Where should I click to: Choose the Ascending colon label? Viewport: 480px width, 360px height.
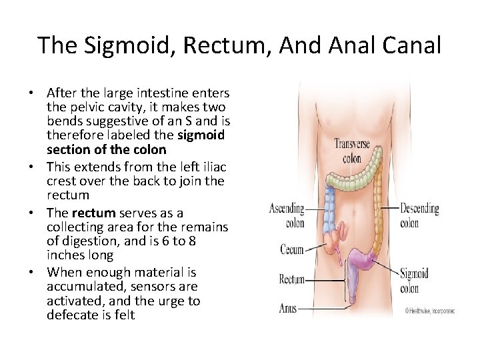(287, 215)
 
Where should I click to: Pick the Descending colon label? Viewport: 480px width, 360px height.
(419, 215)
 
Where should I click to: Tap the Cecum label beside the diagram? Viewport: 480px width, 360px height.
(292, 250)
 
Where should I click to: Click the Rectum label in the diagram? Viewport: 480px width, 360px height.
(291, 280)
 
